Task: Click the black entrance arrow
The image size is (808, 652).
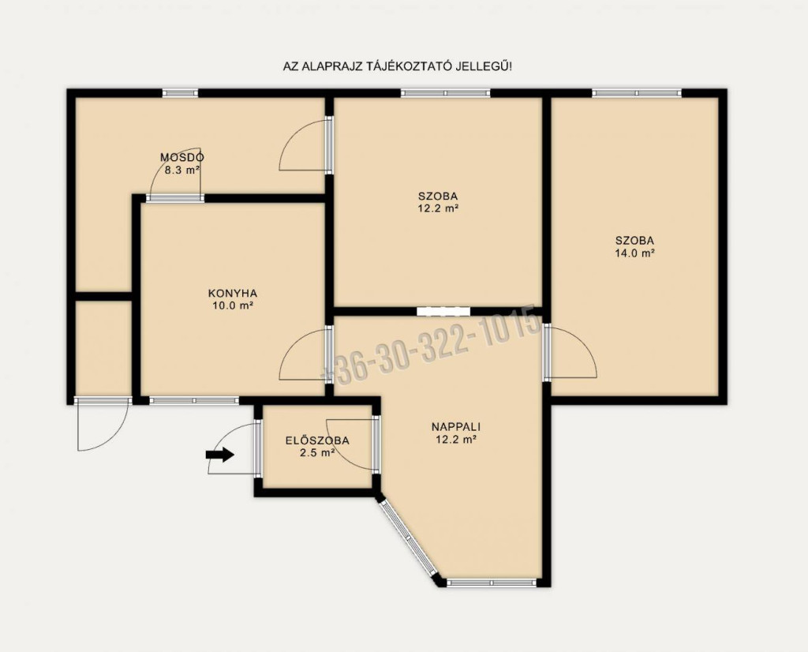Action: point(220,454)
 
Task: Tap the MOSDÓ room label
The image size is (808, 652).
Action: point(182,157)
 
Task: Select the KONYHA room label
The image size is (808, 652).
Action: point(233,294)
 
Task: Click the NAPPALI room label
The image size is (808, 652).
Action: point(455,427)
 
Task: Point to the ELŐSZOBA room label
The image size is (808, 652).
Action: point(317,440)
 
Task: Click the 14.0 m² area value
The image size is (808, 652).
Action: point(635,253)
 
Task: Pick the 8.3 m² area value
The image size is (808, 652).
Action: point(182,170)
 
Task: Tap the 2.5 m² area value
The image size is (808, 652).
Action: point(317,454)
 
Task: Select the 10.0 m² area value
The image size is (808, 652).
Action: point(233,306)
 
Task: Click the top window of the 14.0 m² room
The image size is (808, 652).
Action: point(637,93)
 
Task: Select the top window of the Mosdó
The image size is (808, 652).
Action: point(181,93)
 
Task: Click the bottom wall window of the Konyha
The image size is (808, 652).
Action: point(194,400)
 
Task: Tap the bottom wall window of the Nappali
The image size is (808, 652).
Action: point(492,583)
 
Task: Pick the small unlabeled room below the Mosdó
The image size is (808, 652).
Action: point(103,348)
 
